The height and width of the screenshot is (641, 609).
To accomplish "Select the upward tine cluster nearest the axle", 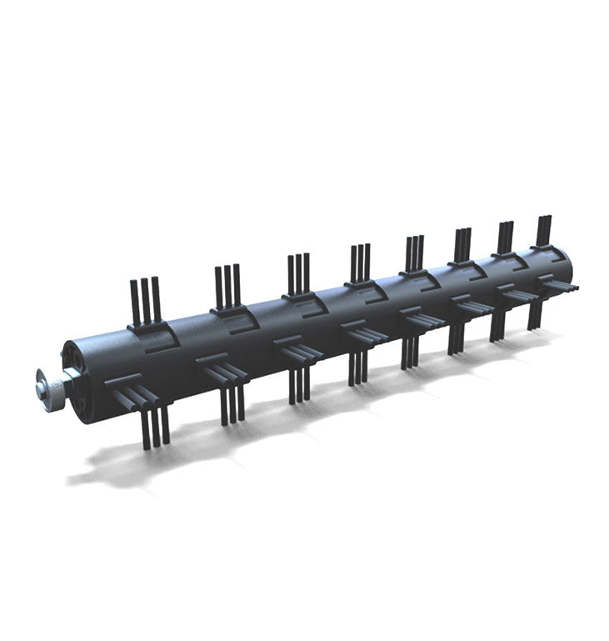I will click(144, 300).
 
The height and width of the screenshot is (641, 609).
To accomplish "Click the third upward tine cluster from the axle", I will click(298, 273).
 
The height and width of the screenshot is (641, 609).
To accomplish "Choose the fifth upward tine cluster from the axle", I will click(414, 252).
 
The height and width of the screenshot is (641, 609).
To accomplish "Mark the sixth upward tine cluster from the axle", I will click(462, 244).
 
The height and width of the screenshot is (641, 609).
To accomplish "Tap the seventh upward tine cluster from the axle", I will click(506, 237).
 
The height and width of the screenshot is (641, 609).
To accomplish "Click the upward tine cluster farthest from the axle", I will click(544, 230).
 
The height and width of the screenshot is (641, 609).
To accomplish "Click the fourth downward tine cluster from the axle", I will click(357, 368).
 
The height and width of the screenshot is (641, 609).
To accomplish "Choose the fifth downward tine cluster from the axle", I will click(408, 353).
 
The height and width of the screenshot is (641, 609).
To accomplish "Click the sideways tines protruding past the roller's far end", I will click(565, 288).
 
